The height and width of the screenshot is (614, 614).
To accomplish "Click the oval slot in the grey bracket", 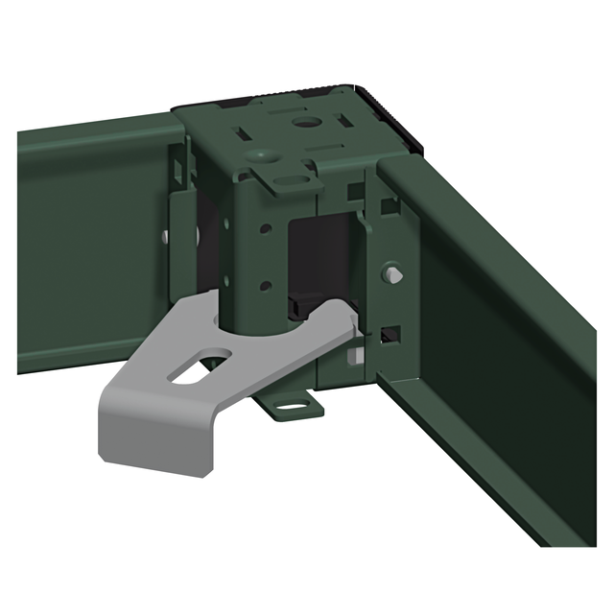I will [203, 367].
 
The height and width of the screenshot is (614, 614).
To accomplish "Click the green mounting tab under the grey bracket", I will [291, 406].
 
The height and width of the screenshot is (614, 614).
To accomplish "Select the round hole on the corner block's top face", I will [308, 124].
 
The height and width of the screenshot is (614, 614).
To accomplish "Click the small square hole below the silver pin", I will [390, 335].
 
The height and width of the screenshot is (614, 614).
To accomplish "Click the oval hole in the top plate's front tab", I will [286, 178].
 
